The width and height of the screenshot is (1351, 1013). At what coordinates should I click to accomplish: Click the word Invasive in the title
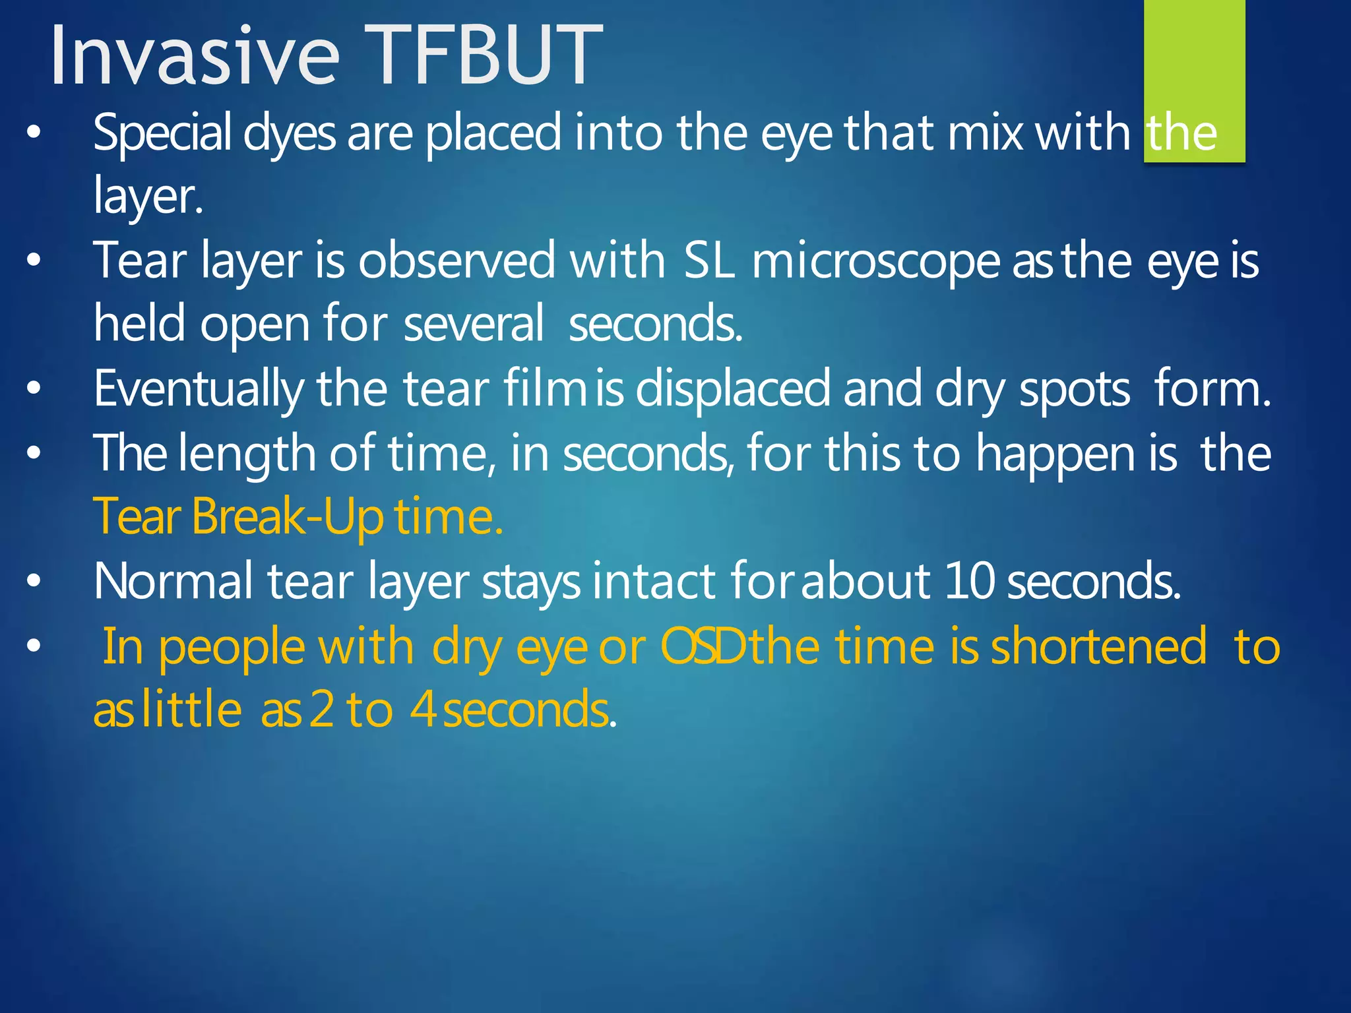[x=195, y=55]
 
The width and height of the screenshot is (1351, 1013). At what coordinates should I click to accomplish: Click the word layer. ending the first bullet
[x=148, y=197]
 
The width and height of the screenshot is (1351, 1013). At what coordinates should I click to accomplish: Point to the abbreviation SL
[x=708, y=261]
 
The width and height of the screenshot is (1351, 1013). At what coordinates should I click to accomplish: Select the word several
[x=473, y=324]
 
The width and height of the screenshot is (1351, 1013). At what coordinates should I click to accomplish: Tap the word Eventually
[x=198, y=389]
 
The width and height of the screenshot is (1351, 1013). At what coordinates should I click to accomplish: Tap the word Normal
[x=173, y=581]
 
